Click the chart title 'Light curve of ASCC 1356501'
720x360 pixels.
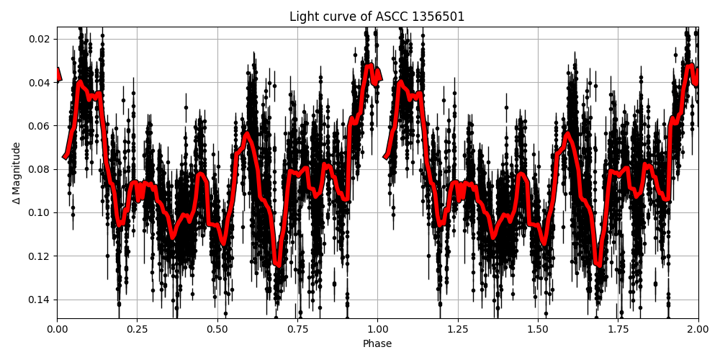pyautogui.click(x=377, y=17)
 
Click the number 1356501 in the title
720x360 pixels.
pyautogui.click(x=438, y=17)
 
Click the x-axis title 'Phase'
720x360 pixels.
pyautogui.click(x=377, y=343)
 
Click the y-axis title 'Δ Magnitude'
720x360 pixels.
pyautogui.click(x=17, y=173)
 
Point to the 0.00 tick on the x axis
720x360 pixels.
pyautogui.click(x=58, y=329)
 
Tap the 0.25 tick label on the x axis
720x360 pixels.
pyautogui.click(x=138, y=329)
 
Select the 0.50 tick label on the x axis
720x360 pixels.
pyautogui.click(x=217, y=329)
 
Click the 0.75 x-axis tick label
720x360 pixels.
pyautogui.click(x=297, y=329)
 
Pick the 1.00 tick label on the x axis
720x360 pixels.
pyautogui.click(x=377, y=329)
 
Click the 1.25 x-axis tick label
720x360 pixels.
pyautogui.click(x=458, y=329)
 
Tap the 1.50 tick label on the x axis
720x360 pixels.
pyautogui.click(x=538, y=329)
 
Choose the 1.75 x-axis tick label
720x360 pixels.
pyautogui.click(x=618, y=329)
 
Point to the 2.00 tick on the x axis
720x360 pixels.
pyautogui.click(x=698, y=329)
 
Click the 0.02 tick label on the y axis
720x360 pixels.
pyautogui.click(x=39, y=39)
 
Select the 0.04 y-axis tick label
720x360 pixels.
pyautogui.click(x=39, y=82)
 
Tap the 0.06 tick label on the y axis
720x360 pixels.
pyautogui.click(x=39, y=126)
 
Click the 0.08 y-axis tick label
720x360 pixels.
pyautogui.click(x=39, y=169)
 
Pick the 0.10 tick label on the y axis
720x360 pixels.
pyautogui.click(x=39, y=212)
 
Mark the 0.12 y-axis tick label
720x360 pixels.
pyautogui.click(x=39, y=256)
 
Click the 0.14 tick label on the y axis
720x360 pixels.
pyautogui.click(x=39, y=300)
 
